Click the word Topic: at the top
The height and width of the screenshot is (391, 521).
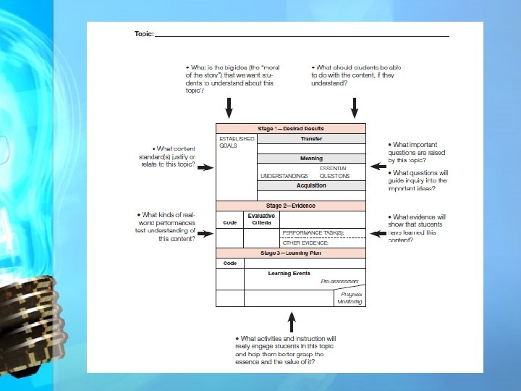[143, 34]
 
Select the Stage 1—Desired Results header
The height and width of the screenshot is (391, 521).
[291, 128]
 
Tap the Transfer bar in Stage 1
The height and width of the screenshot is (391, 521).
[311, 138]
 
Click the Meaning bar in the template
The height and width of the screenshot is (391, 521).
[311, 158]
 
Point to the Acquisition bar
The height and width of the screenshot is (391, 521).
[311, 185]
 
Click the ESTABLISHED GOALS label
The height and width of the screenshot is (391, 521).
[237, 142]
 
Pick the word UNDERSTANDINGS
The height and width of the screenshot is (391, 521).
[284, 176]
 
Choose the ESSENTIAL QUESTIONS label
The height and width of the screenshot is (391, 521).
[334, 172]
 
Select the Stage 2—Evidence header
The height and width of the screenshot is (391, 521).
[291, 206]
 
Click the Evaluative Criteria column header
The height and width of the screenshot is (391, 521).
[261, 219]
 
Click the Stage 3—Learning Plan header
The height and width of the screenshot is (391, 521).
[291, 253]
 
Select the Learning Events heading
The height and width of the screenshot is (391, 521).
[290, 274]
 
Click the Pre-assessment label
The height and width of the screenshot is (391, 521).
[339, 281]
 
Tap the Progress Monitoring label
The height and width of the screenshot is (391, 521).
[350, 298]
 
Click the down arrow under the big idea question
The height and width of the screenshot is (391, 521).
[229, 108]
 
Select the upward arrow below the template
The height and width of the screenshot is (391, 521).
[292, 321]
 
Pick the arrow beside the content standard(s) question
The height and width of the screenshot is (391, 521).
[206, 167]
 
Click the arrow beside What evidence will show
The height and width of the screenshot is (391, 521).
[377, 233]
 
